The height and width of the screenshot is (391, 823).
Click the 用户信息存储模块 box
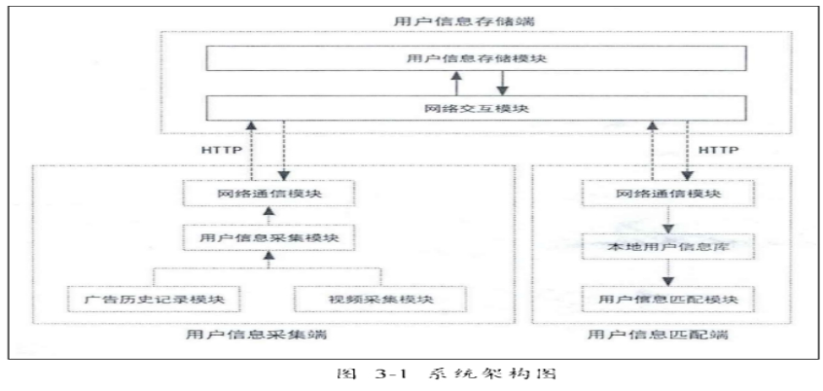coord(476,59)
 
